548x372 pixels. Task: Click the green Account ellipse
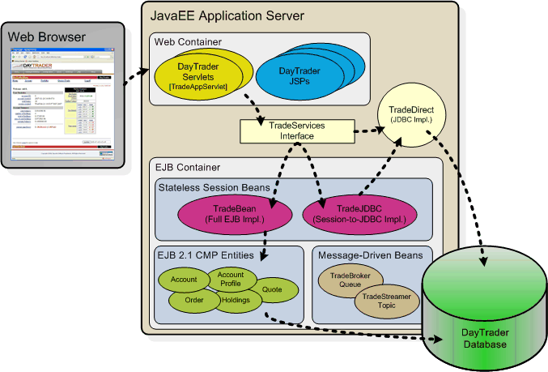coord(185,280)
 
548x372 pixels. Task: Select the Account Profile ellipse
coord(231,280)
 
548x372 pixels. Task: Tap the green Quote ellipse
coord(273,288)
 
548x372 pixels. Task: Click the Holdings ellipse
coord(235,301)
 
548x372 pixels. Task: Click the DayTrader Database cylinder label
coord(485,339)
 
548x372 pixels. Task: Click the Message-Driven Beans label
coord(370,255)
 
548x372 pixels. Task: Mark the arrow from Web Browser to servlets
coord(139,77)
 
